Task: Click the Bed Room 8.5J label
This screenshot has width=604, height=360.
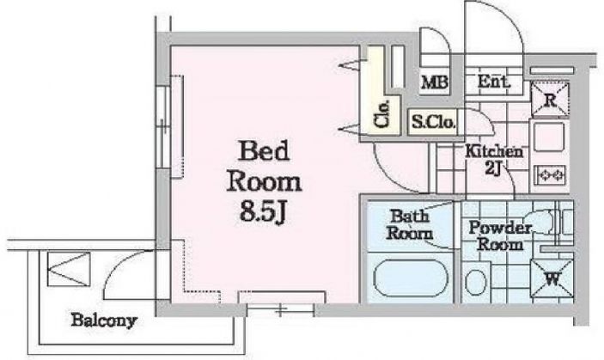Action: (x=264, y=181)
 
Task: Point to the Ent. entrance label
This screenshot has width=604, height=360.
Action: (x=494, y=82)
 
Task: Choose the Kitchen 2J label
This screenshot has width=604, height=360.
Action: (x=494, y=159)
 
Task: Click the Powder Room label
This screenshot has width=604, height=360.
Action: (x=501, y=235)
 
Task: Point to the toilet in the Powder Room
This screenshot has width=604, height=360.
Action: (x=474, y=280)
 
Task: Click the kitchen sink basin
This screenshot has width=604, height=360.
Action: (x=547, y=137)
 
